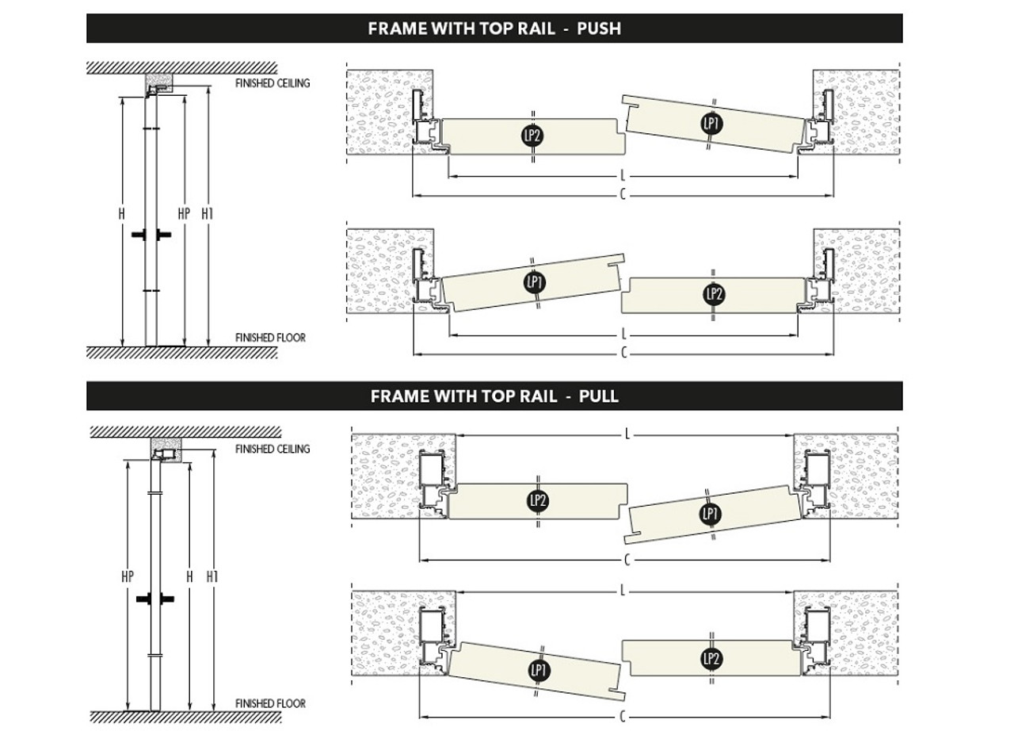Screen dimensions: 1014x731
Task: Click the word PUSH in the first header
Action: click(598, 29)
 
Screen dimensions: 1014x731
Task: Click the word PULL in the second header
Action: click(598, 396)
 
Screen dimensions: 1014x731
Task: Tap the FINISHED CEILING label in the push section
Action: click(273, 83)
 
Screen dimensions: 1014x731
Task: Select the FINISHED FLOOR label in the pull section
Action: click(270, 703)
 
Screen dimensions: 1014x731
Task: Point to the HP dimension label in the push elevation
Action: click(184, 214)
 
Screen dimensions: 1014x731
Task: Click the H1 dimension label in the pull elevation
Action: click(212, 576)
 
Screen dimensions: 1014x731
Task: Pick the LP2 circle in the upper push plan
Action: click(532, 136)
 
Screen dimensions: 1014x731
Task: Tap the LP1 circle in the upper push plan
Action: click(711, 124)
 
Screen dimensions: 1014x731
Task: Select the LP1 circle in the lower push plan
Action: click(535, 282)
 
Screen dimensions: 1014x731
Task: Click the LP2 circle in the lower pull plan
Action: click(711, 659)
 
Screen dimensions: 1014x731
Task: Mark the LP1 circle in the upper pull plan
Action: click(711, 514)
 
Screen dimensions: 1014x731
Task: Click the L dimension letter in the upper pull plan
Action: click(627, 434)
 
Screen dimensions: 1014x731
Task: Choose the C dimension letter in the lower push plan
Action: click(623, 353)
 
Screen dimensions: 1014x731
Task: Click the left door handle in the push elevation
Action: click(139, 235)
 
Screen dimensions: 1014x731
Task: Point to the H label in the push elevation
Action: click(121, 214)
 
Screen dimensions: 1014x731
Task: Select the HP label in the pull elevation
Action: click(128, 576)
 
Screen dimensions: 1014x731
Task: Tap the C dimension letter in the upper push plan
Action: click(623, 194)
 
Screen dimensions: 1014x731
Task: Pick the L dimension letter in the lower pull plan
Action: click(623, 591)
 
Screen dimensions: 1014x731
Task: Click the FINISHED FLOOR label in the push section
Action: click(270, 338)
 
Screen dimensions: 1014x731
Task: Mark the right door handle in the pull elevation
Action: click(167, 599)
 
